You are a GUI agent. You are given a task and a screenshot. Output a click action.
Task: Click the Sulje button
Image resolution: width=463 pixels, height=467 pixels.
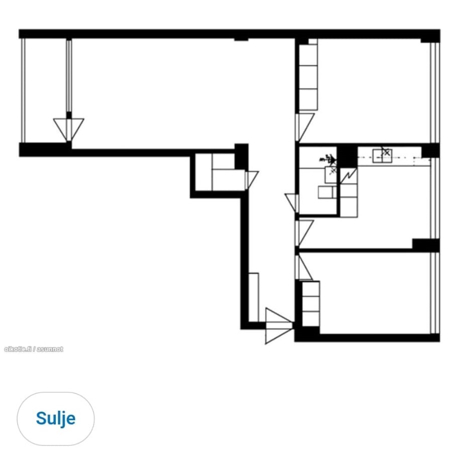(55, 418)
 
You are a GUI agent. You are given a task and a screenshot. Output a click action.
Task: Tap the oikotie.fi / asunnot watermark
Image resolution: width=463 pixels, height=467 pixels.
(33, 349)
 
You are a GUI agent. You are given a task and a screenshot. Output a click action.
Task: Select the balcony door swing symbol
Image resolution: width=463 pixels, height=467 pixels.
(68, 128)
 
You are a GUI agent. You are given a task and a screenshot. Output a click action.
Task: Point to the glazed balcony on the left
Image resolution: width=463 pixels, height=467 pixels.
(45, 90)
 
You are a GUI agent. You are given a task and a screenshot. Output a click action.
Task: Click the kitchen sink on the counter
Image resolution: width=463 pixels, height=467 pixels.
(382, 156)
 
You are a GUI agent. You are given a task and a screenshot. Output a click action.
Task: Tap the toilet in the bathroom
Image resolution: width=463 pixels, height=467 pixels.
(327, 192)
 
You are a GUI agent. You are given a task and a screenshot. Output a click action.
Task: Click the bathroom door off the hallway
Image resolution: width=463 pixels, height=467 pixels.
(292, 202)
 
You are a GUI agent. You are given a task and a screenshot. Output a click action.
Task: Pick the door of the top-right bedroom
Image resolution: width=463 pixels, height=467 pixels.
(304, 127)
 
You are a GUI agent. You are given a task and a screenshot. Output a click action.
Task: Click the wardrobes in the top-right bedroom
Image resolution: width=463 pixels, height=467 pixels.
(308, 78)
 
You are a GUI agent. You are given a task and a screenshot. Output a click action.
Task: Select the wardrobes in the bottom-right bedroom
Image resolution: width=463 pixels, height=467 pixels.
(311, 304)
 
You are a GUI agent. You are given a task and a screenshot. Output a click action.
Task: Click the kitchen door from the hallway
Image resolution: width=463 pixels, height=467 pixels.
(305, 232)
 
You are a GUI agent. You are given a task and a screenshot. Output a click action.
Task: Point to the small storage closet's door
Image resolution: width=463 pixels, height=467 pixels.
(251, 179)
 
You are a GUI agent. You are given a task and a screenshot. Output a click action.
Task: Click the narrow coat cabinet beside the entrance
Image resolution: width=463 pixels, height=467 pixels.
(254, 297)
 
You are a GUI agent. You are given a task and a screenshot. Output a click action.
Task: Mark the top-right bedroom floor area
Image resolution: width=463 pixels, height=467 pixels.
(375, 90)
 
